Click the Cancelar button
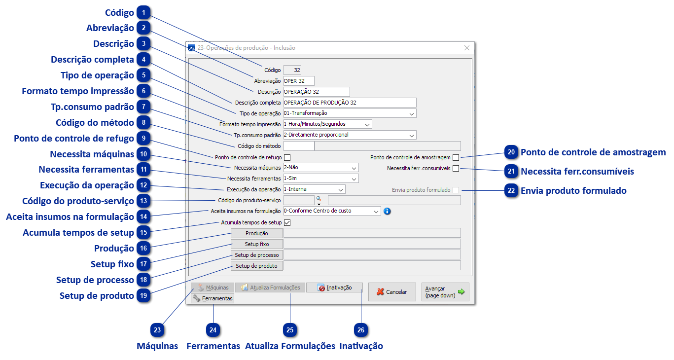(x=392, y=292)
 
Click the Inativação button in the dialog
(x=334, y=288)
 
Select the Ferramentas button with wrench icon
(x=213, y=298)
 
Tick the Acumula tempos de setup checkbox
(x=287, y=222)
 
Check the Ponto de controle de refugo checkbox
(x=287, y=157)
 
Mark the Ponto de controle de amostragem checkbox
(x=456, y=157)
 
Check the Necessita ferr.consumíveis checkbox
(x=456, y=168)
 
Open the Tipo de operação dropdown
(x=350, y=113)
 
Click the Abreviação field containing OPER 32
(x=298, y=81)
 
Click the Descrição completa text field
(x=350, y=103)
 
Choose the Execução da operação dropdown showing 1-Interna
(x=314, y=189)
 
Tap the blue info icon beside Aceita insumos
(x=387, y=211)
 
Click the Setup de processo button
(x=256, y=255)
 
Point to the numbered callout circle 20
(x=512, y=152)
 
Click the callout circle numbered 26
(x=361, y=330)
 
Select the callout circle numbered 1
(x=143, y=13)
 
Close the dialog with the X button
(x=467, y=48)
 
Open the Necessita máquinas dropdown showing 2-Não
(x=321, y=168)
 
